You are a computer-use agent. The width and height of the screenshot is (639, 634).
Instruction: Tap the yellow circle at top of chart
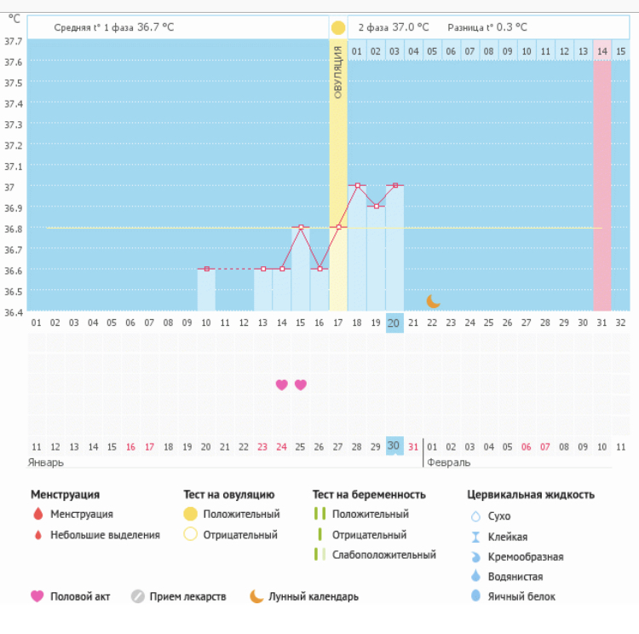[x=338, y=28]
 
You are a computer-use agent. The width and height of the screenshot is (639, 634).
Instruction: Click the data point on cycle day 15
[x=301, y=227]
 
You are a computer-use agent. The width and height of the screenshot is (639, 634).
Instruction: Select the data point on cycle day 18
[x=357, y=185]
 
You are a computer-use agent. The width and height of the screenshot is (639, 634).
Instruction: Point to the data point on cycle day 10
[x=207, y=269]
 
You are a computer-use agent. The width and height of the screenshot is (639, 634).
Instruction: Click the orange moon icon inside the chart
[x=433, y=300]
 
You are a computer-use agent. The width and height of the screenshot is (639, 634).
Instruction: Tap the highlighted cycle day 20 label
[x=394, y=323]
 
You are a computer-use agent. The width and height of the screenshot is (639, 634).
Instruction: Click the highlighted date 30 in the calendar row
[x=394, y=445]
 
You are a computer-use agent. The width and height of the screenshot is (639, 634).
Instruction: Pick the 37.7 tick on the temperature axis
[x=13, y=42]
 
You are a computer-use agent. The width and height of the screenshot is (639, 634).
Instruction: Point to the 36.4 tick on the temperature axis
[x=13, y=311]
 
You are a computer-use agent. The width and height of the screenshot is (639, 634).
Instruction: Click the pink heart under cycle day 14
[x=282, y=385]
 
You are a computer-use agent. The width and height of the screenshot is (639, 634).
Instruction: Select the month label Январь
[x=47, y=462]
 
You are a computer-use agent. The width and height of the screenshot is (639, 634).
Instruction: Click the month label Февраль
[x=446, y=462]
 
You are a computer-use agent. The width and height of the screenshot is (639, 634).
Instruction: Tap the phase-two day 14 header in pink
[x=602, y=51]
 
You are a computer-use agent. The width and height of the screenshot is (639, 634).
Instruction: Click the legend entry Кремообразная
[x=524, y=557]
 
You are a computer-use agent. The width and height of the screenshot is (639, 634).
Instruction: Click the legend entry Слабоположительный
[x=384, y=555]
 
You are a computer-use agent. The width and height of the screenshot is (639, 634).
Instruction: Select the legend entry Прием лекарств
[x=187, y=596]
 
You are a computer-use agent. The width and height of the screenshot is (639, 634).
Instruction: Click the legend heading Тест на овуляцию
[x=228, y=494]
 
